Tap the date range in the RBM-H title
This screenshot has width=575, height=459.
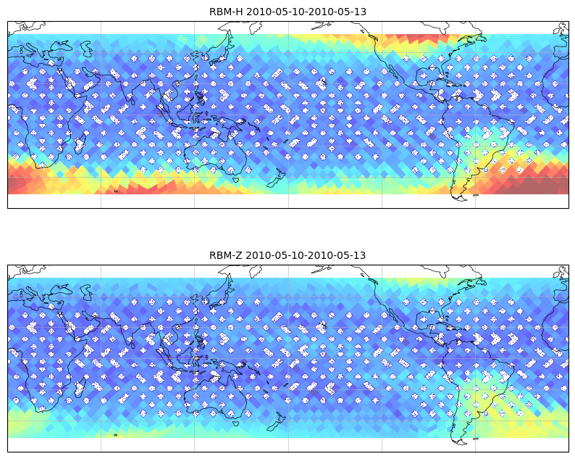306,12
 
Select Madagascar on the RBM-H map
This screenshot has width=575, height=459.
80,143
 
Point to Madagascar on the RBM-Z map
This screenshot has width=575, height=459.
80,386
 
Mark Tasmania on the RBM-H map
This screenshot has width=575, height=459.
236,179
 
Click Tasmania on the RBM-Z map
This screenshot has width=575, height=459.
236,423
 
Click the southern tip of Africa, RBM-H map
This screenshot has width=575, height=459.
39,168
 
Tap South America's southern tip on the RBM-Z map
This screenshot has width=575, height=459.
461,443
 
